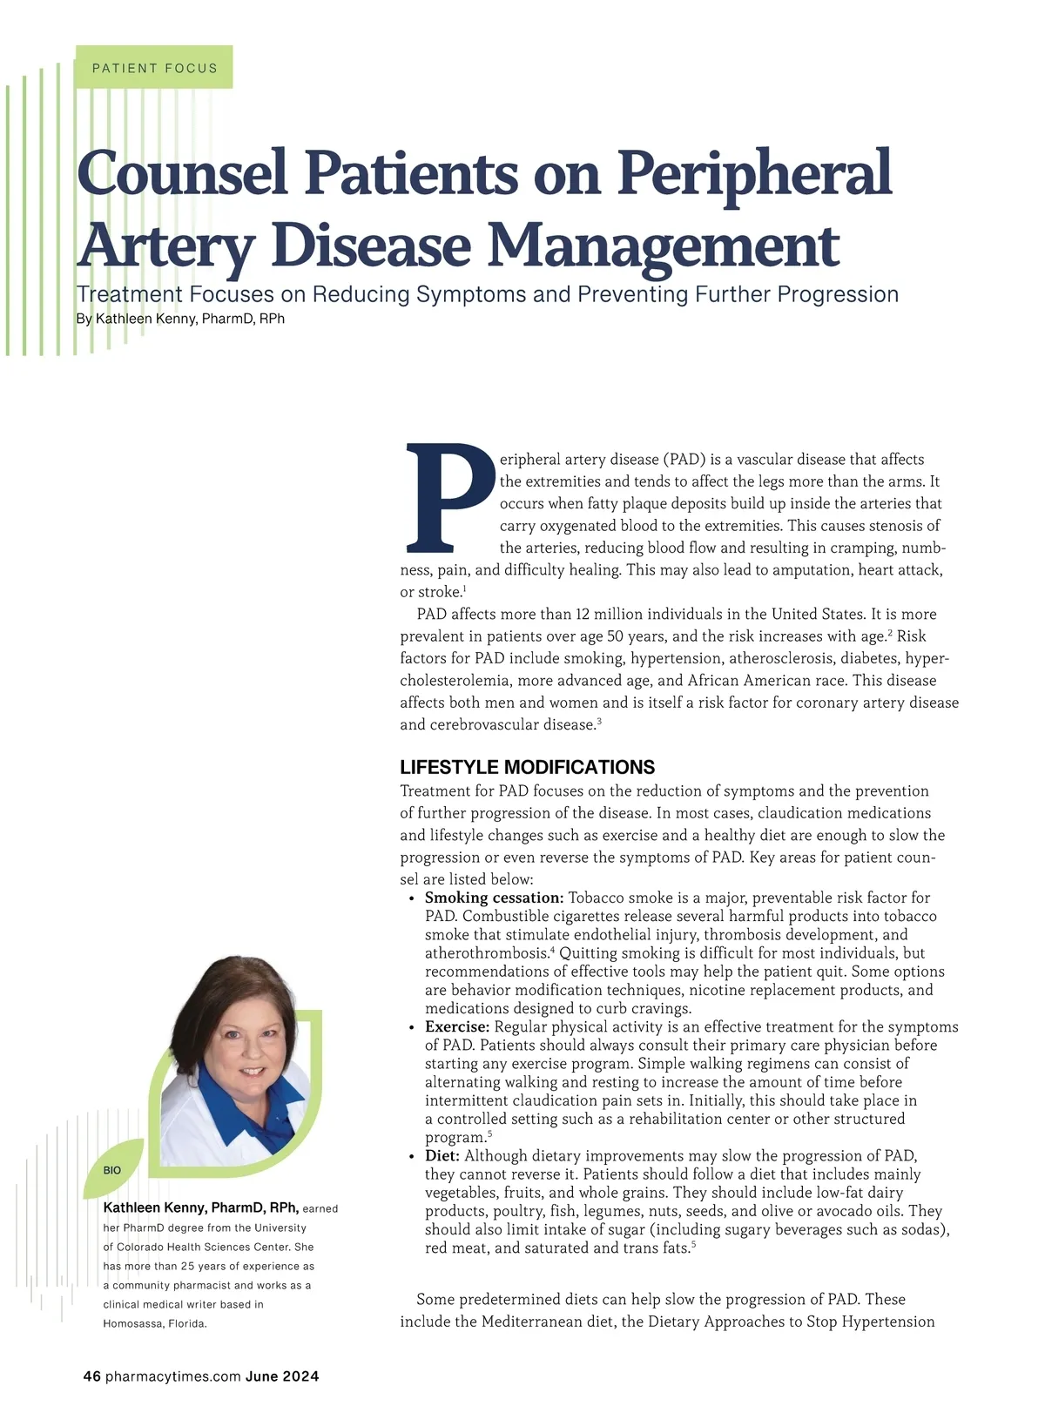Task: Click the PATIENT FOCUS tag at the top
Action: pyautogui.click(x=154, y=68)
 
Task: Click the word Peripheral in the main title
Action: pyautogui.click(x=754, y=172)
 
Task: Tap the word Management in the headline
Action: pyautogui.click(x=663, y=246)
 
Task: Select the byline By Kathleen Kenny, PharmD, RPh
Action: pyautogui.click(x=180, y=319)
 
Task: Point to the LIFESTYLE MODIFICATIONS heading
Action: pyautogui.click(x=527, y=767)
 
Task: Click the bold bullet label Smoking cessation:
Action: pyautogui.click(x=494, y=898)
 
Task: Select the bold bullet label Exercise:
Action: pyautogui.click(x=457, y=1027)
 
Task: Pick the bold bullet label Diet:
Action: pyautogui.click(x=442, y=1156)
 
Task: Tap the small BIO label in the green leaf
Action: pyautogui.click(x=112, y=1171)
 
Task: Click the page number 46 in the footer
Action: pyautogui.click(x=91, y=1376)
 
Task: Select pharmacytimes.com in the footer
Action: pyautogui.click(x=172, y=1376)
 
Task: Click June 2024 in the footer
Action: pyautogui.click(x=282, y=1376)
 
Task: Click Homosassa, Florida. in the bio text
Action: pyautogui.click(x=155, y=1323)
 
